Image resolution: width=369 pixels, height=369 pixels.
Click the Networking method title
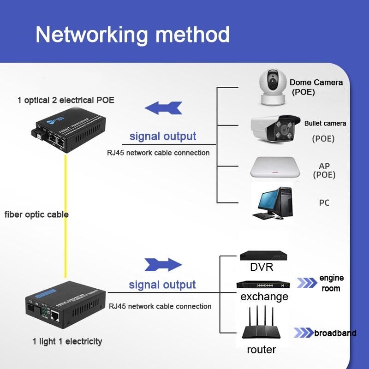point(132,35)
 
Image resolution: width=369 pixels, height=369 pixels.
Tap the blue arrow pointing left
point(163,108)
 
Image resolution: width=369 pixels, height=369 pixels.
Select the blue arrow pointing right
point(163,265)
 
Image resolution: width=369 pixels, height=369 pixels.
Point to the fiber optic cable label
point(36,214)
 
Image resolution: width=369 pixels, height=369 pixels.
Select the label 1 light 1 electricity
point(67,342)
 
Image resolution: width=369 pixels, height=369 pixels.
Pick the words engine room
point(331,283)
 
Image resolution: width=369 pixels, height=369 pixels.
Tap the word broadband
point(335,333)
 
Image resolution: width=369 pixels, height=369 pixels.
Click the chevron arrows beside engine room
point(307,283)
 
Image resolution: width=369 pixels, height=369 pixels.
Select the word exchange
point(264,297)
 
